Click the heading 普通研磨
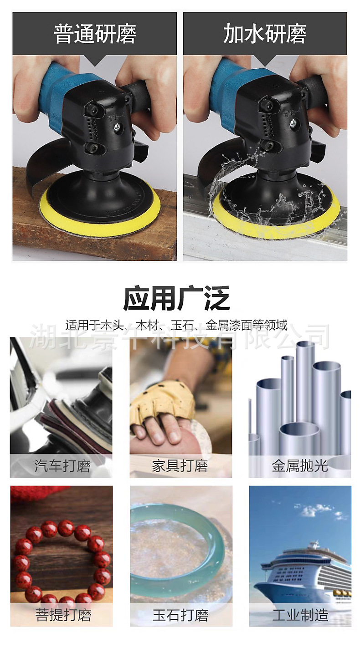(95, 34)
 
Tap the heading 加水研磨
(265, 34)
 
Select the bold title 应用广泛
(177, 298)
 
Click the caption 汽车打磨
(62, 466)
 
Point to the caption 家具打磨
(180, 466)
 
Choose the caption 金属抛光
(300, 466)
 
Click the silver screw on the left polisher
(117, 127)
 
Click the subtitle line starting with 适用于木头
(177, 325)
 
